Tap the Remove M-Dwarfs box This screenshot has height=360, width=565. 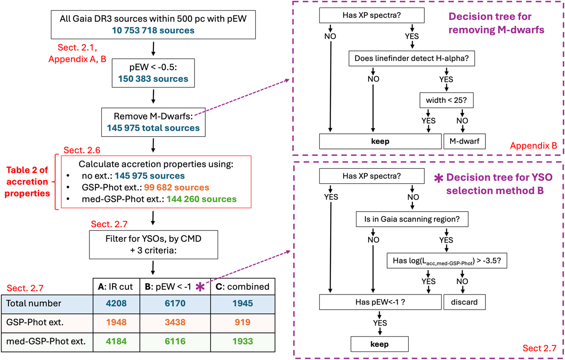(x=153, y=122)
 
